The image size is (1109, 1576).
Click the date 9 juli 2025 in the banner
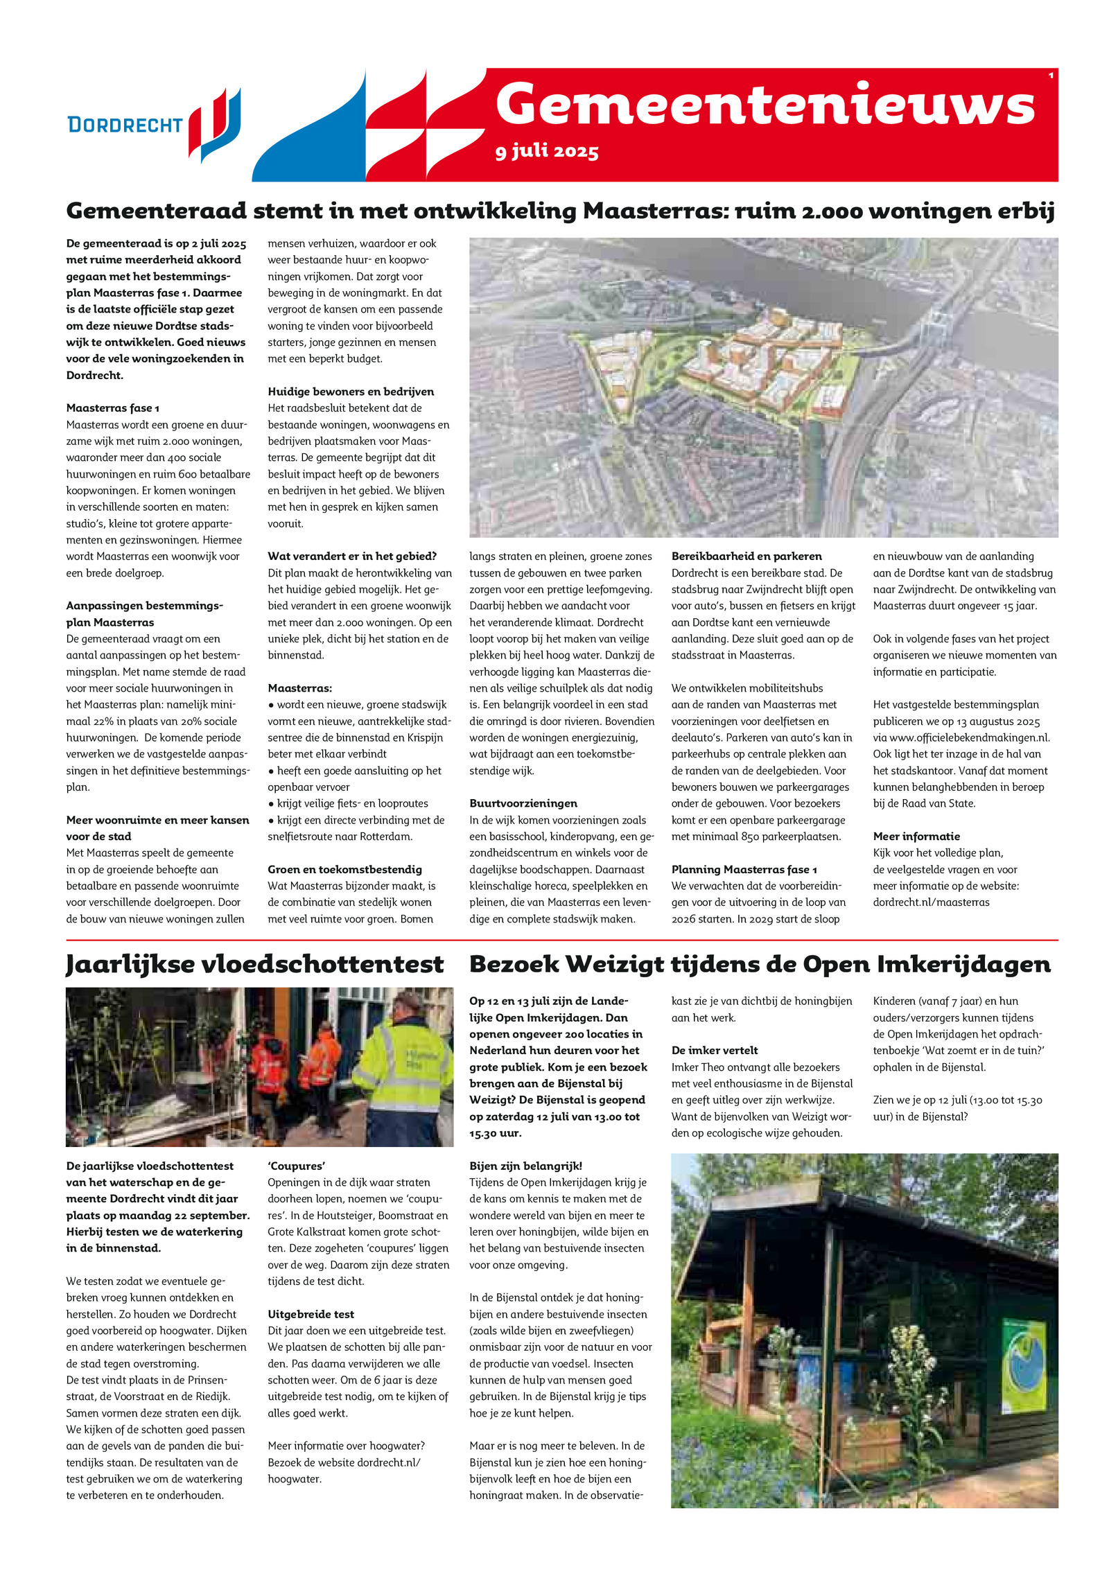click(547, 151)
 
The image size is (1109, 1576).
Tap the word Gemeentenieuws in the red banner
click(765, 105)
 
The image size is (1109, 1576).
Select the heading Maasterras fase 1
click(113, 408)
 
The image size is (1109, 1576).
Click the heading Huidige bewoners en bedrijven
click(351, 392)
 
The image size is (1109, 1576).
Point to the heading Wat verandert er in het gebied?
click(352, 557)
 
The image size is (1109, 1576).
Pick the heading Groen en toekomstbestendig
click(344, 870)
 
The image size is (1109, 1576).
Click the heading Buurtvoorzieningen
click(523, 804)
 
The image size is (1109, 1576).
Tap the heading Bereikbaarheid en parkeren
click(746, 557)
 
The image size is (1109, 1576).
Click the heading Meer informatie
click(916, 837)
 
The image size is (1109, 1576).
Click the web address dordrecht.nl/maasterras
click(931, 902)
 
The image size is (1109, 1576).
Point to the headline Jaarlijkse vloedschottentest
click(254, 965)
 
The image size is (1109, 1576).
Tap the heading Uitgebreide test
click(311, 1315)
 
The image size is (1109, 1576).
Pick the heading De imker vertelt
click(715, 1051)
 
